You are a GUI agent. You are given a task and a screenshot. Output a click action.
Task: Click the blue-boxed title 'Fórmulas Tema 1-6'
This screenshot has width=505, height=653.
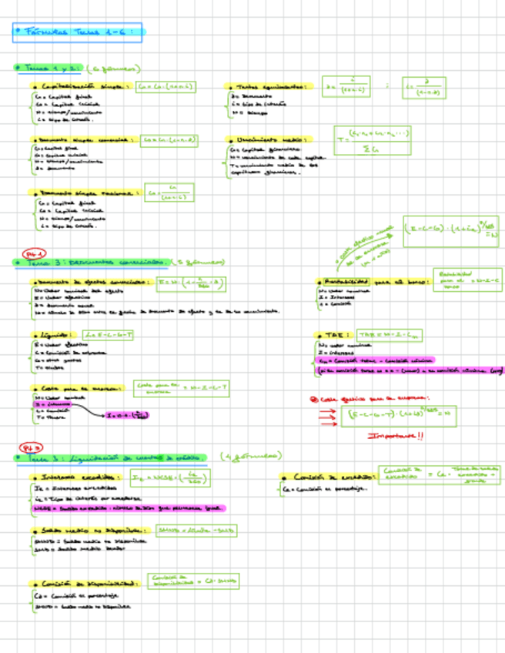(x=79, y=32)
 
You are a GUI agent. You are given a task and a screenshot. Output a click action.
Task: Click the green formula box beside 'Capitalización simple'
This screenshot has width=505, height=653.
(x=165, y=87)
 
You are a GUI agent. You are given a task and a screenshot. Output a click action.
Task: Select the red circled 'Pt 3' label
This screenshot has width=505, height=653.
(x=35, y=447)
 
